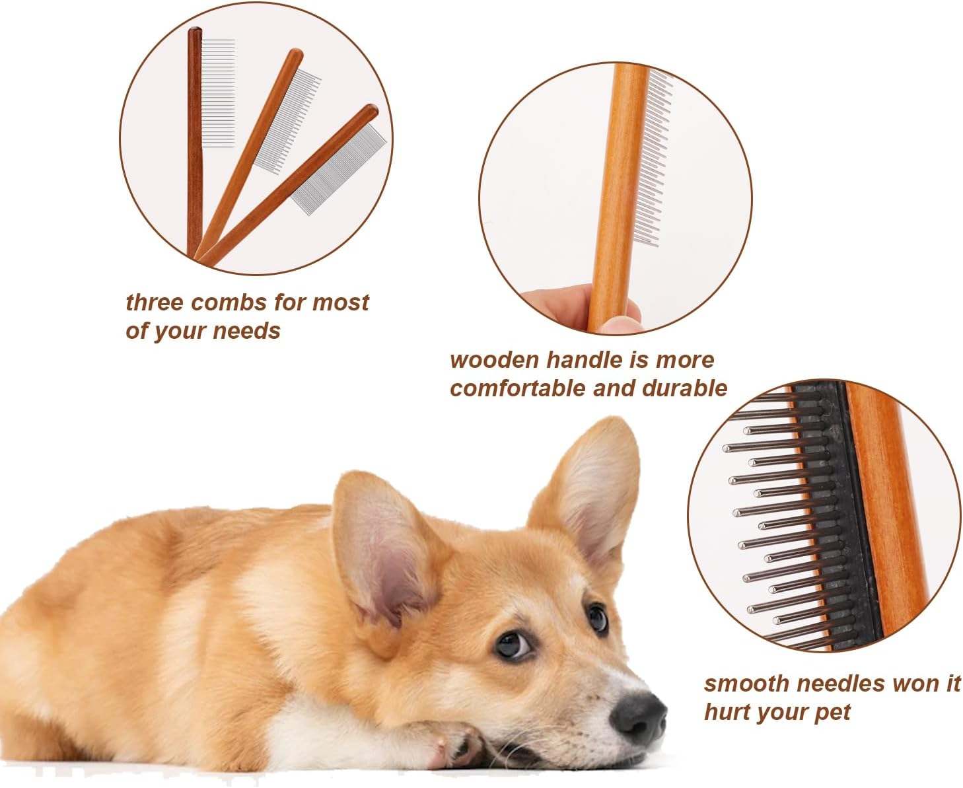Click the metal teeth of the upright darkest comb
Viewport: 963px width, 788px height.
click(219, 92)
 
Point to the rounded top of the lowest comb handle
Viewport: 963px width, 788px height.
click(371, 110)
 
